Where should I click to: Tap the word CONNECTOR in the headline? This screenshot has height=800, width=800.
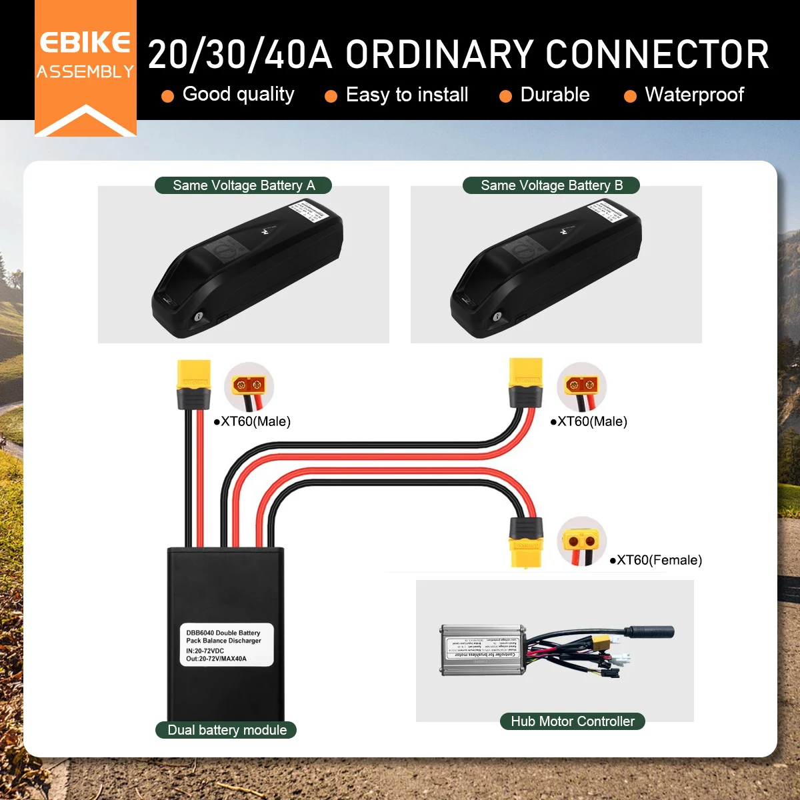tap(657, 55)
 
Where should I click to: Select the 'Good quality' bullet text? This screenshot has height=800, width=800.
tap(238, 95)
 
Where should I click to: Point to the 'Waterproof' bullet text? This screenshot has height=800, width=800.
tap(694, 95)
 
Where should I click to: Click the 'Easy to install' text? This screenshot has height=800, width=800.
tap(407, 95)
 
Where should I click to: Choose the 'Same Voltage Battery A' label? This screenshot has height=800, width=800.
tap(243, 185)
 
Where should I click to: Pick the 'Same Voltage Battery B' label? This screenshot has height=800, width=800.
tap(551, 185)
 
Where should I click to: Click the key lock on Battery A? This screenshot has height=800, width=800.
tap(198, 317)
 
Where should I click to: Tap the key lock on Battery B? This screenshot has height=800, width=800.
tap(497, 317)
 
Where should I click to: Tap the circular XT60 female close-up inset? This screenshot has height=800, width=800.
tap(581, 541)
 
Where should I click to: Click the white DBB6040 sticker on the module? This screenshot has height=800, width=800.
tap(227, 645)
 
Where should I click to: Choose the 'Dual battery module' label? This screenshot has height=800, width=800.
tap(227, 730)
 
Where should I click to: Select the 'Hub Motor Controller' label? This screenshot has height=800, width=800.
tap(573, 721)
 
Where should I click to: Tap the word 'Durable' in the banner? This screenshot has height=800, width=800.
tap(555, 95)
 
